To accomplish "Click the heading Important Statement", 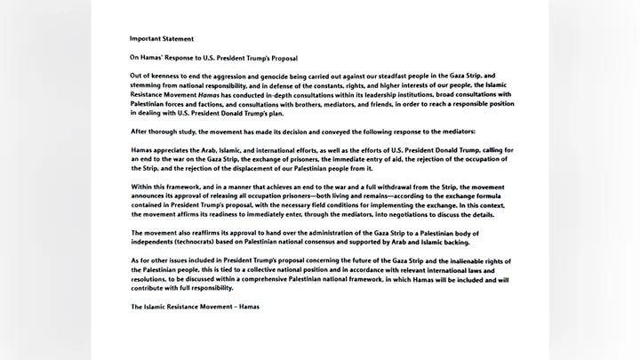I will [x=161, y=39].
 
